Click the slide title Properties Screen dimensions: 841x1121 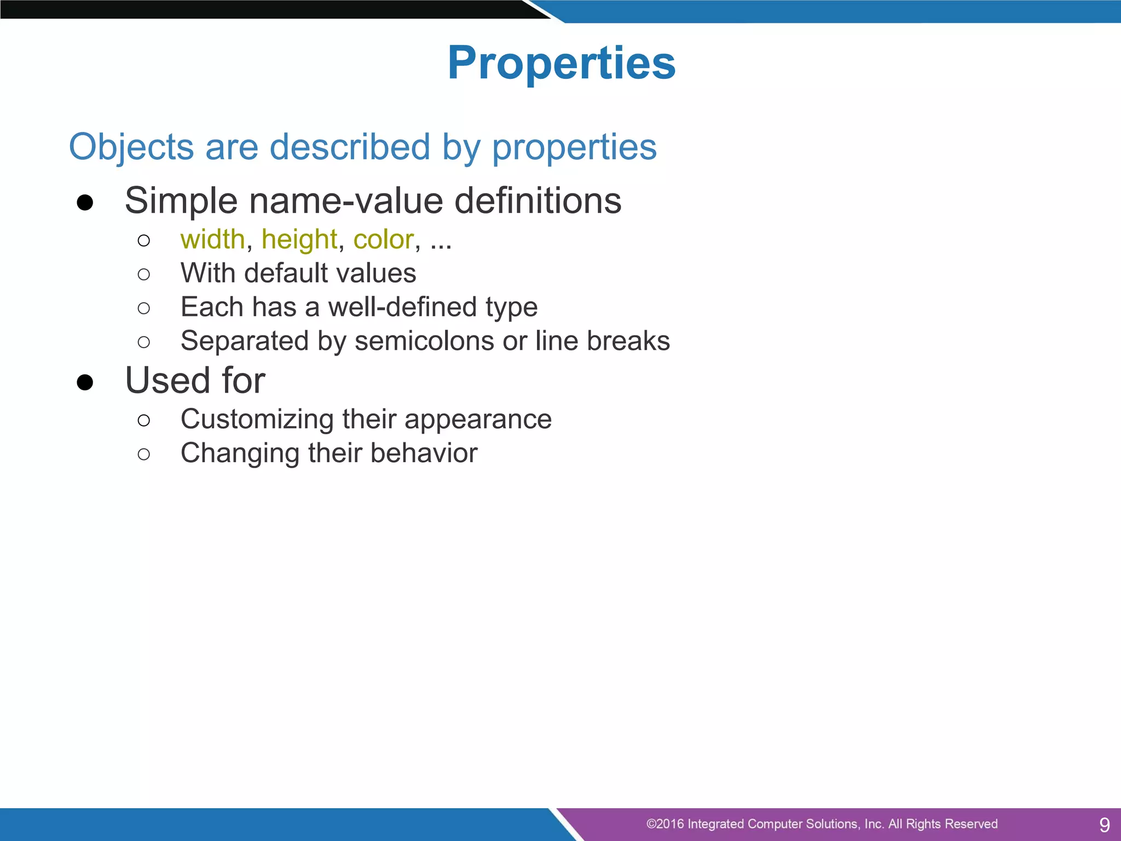pyautogui.click(x=562, y=63)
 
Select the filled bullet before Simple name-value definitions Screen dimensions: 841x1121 pyautogui.click(x=85, y=203)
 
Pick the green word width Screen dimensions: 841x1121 pyautogui.click(x=212, y=239)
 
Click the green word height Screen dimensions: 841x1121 pyautogui.click(x=299, y=239)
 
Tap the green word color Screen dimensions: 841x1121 pyautogui.click(x=383, y=239)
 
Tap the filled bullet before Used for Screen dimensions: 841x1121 pyautogui.click(x=85, y=382)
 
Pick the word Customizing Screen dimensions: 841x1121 pyautogui.click(x=257, y=419)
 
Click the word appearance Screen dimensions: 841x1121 pyautogui.click(x=478, y=419)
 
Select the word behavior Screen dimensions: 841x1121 pyautogui.click(x=424, y=453)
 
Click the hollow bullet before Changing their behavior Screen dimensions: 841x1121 pyautogui.click(x=144, y=454)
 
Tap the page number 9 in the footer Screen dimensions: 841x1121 pyautogui.click(x=1105, y=825)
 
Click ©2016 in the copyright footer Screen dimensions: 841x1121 pyautogui.click(x=664, y=824)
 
